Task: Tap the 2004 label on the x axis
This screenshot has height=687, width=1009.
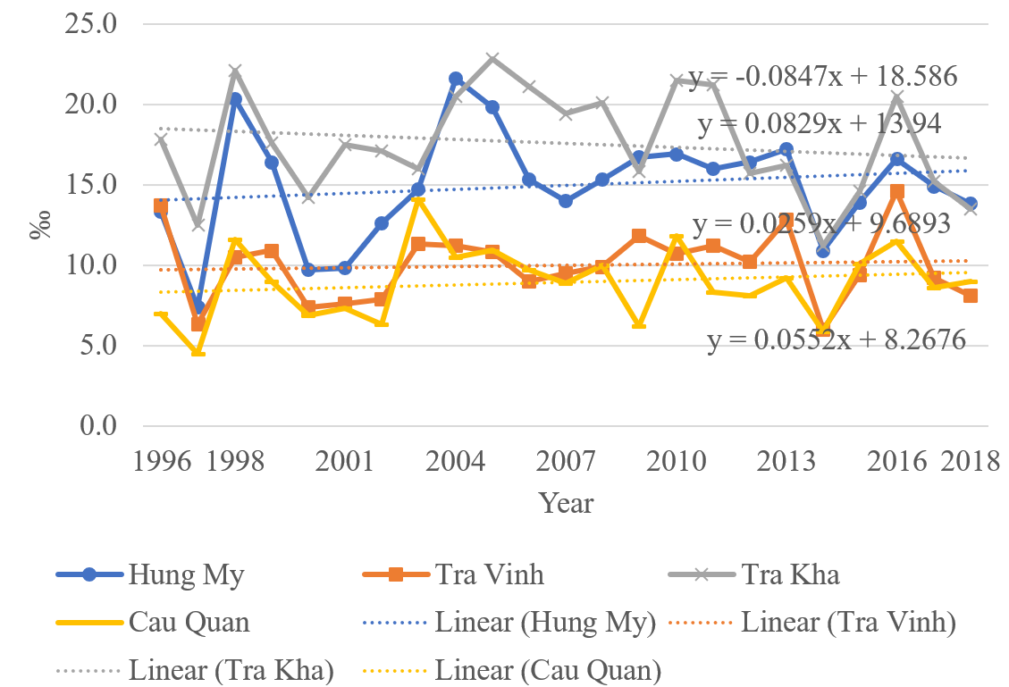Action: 456,462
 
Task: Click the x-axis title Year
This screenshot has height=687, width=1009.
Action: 567,503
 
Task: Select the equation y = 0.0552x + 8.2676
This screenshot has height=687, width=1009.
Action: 837,340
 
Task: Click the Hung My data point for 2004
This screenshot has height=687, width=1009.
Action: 456,80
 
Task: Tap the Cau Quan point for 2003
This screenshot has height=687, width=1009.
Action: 418,201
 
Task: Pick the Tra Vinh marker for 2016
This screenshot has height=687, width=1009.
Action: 897,191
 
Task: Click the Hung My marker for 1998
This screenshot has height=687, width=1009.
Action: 235,99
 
